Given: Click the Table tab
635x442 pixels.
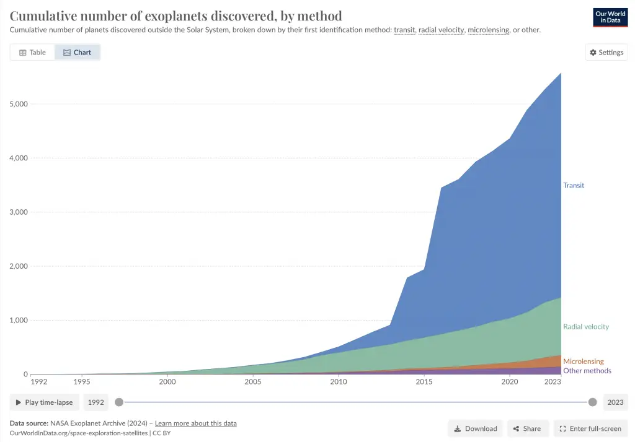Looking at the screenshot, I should pos(32,53).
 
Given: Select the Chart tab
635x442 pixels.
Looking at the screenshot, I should pos(77,53).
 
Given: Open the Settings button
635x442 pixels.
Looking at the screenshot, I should pos(606,53).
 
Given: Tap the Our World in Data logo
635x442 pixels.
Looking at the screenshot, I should pos(610,17).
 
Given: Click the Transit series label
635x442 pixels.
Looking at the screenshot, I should pos(573,185).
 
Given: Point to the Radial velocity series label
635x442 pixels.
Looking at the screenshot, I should pos(585,326).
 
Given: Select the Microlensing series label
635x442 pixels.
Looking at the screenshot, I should pos(583,362).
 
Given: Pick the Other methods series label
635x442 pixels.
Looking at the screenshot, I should pos(587,371).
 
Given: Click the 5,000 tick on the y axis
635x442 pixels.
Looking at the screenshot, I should pos(18,104).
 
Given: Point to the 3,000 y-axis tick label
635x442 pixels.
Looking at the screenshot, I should pos(18,212).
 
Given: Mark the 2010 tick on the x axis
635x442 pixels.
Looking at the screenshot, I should pos(339,383).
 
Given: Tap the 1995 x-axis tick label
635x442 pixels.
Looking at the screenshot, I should pos(81,383).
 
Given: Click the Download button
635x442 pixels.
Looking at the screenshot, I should pos(476,428).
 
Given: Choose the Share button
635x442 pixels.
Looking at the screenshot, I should pos(527,428).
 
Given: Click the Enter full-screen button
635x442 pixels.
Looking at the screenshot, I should pos(591,428).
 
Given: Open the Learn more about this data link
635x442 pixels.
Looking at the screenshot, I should pos(195,423).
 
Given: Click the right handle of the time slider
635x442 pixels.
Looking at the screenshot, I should pos(592,402).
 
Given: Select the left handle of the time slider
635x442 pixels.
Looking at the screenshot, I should pos(119,402).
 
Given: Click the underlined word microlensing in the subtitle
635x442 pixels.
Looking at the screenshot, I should pos(488,30).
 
